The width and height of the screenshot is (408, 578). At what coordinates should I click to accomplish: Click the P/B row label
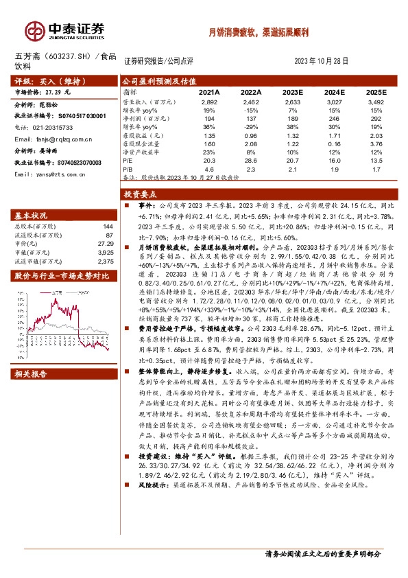128,167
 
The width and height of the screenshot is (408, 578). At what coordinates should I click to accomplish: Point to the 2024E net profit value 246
334,118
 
